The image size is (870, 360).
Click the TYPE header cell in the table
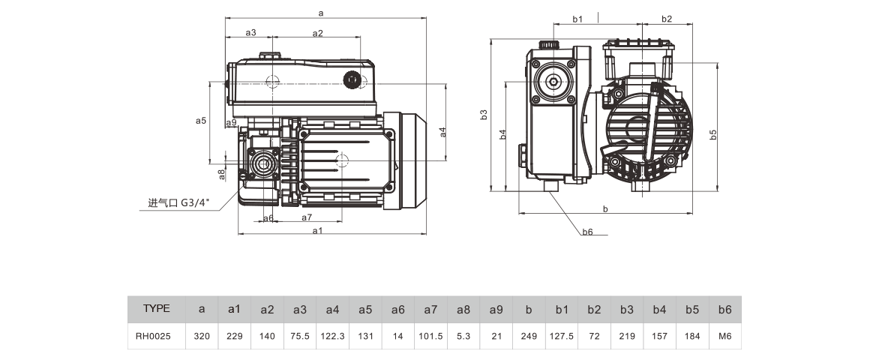[156, 308]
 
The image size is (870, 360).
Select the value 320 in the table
[201, 337]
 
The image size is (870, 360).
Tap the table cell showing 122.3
[332, 337]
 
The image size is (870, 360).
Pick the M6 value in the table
[724, 337]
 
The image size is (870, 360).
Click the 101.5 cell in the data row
[430, 337]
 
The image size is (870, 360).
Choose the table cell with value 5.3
[463, 337]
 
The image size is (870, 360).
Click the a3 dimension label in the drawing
[251, 33]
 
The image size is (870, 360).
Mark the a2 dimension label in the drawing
[317, 33]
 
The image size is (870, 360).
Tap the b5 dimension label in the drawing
[713, 134]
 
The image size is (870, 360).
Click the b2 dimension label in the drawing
[667, 19]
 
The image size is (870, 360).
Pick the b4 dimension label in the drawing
[502, 134]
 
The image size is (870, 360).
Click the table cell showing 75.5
[299, 337]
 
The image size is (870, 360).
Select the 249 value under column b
[529, 337]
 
